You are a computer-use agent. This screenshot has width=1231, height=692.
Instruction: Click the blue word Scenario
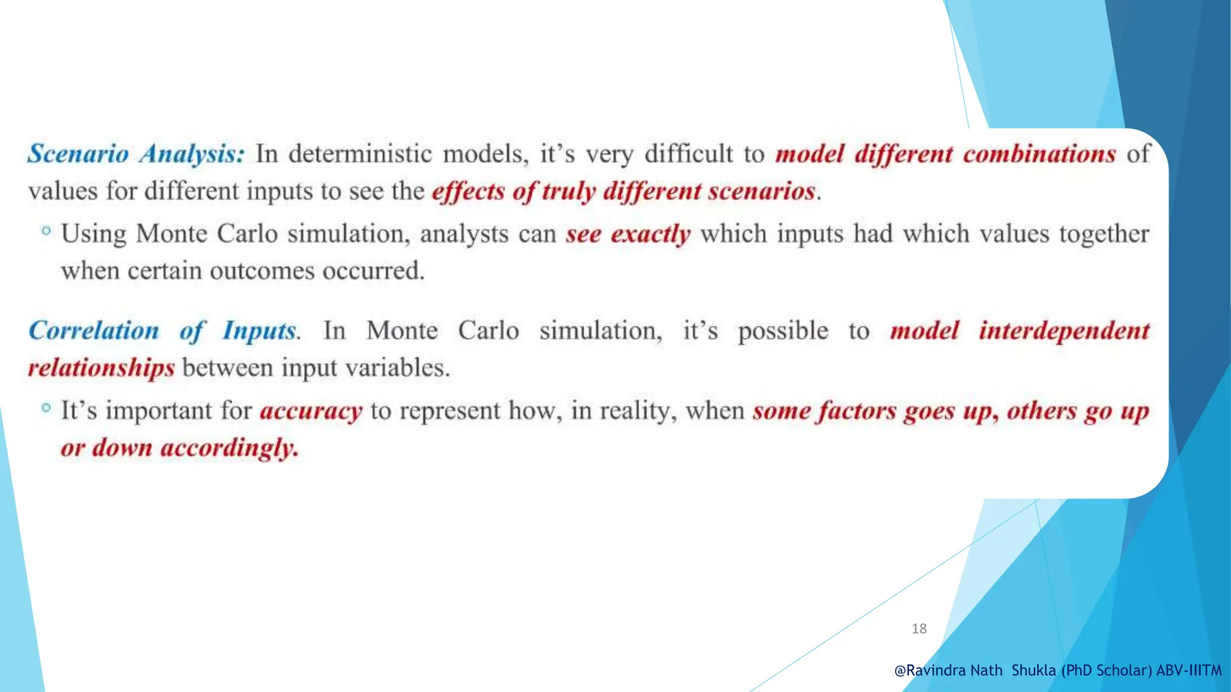coord(78,154)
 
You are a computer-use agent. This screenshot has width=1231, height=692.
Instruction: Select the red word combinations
coord(1039,154)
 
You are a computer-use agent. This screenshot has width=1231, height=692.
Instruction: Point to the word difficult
coord(689,154)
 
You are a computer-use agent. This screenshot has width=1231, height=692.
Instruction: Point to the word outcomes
coord(262,271)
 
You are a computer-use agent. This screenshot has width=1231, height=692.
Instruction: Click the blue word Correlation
coord(94,331)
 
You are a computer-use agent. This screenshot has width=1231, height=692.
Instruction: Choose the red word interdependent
coord(1064,331)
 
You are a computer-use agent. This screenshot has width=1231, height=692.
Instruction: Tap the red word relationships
coord(102,368)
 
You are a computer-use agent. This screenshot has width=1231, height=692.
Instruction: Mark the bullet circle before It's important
coord(46,408)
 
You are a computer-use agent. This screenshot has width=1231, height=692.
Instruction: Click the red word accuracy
coord(311,411)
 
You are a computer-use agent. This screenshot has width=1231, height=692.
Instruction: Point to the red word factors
coord(858,411)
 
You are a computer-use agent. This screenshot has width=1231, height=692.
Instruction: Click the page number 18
coord(919,629)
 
